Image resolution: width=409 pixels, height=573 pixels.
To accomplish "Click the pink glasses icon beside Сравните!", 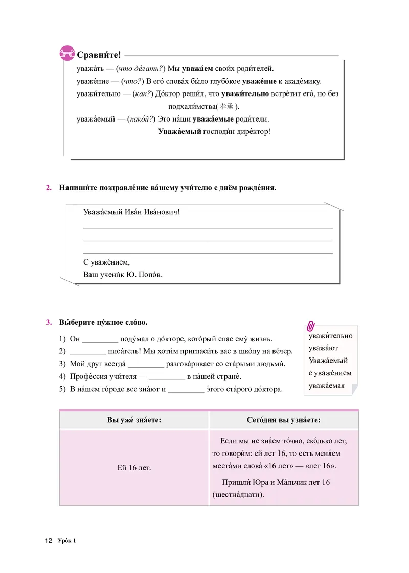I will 67,53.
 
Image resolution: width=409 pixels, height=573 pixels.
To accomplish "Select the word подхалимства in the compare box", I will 191,107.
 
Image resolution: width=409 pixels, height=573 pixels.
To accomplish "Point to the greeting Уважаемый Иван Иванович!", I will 131,212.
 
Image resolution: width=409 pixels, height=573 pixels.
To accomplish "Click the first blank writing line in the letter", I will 207,227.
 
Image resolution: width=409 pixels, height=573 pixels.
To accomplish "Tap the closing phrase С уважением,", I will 107,262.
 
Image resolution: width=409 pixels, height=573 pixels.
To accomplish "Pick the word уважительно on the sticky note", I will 330,336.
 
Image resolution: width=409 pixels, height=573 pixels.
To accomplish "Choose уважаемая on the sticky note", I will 326,386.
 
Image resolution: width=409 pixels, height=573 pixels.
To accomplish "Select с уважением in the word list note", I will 330,373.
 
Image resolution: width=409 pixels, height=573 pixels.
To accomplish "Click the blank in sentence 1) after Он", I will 100,340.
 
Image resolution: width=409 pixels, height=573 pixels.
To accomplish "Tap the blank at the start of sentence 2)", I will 87,352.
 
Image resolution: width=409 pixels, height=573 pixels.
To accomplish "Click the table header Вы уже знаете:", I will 134,420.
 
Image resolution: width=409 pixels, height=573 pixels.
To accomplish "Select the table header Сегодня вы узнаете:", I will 284,420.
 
